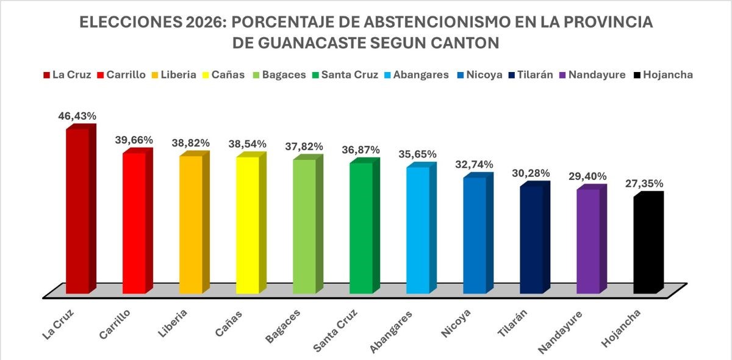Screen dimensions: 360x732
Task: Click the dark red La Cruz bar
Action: pos(77,211)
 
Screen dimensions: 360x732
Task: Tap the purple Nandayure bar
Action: pos(589,241)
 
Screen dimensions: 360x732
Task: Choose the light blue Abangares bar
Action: pos(418,229)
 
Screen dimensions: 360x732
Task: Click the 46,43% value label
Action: pos(77,115)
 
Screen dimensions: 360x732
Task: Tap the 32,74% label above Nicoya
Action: pos(474,165)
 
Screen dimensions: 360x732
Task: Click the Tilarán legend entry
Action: pos(530,75)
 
